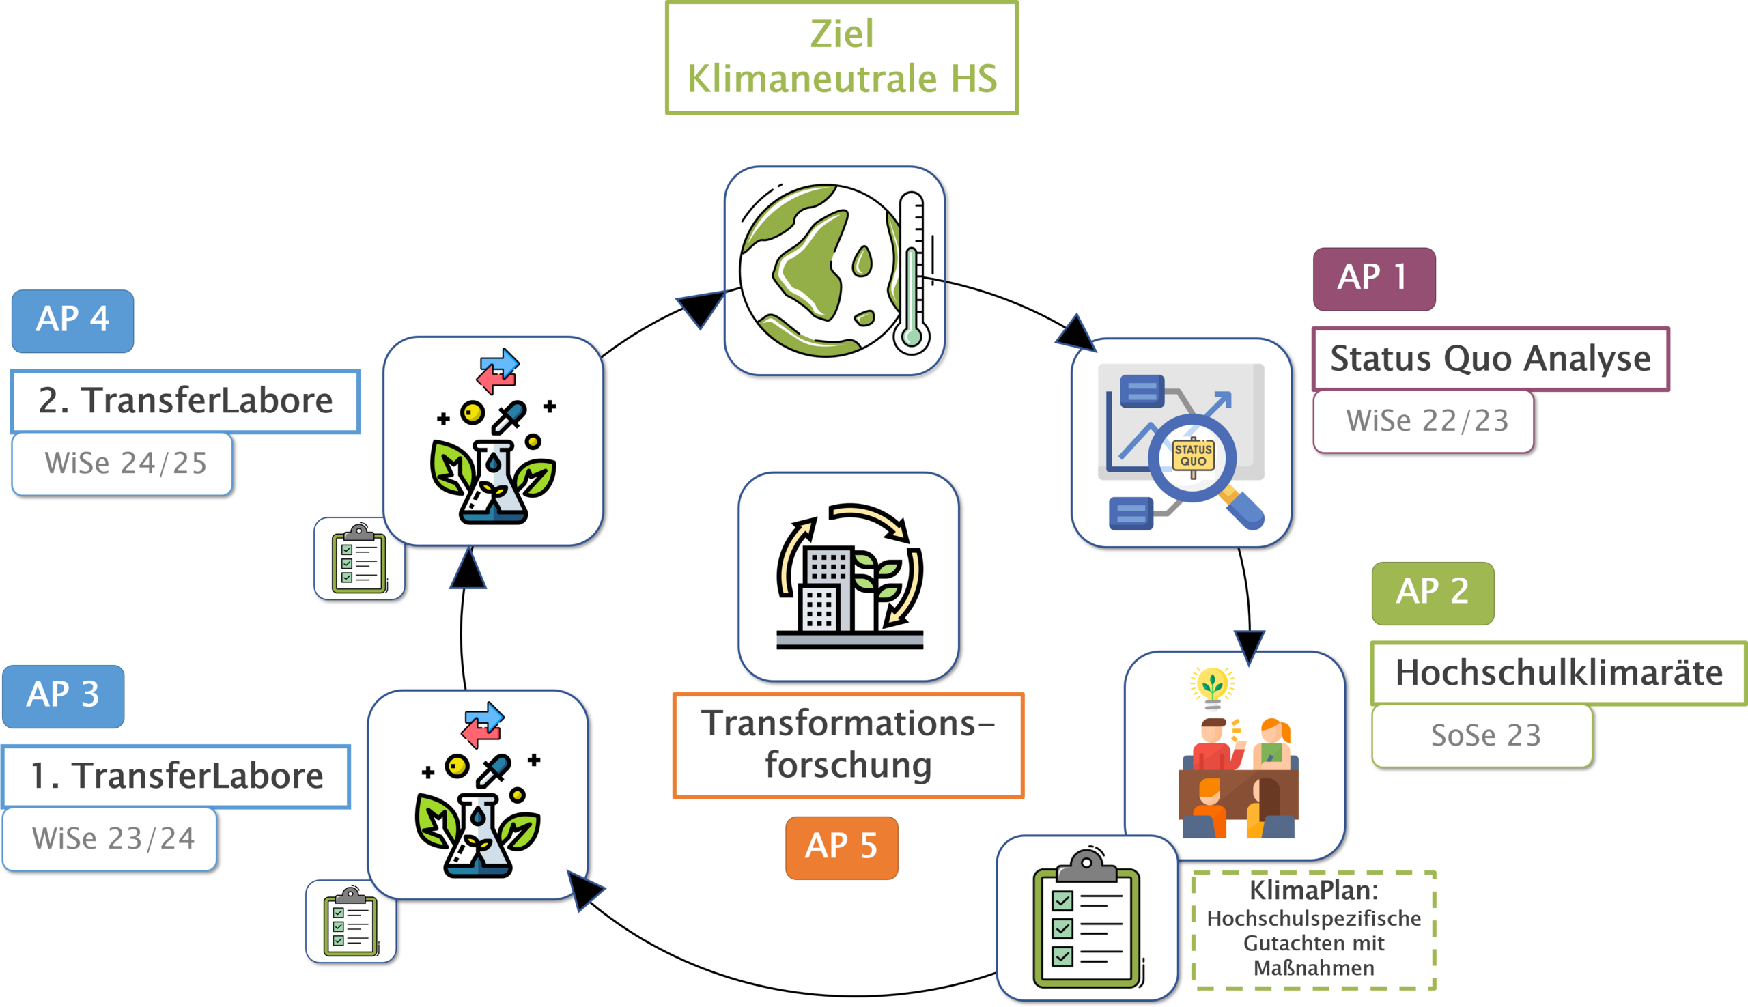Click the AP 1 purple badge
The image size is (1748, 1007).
pyautogui.click(x=1374, y=279)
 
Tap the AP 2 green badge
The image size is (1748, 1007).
pyautogui.click(x=1433, y=593)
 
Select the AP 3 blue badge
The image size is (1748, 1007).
pyautogui.click(x=63, y=696)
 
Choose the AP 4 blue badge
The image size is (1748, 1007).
pyautogui.click(x=72, y=321)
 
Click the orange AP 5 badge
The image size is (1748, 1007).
pyautogui.click(x=841, y=847)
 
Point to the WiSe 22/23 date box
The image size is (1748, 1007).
pyautogui.click(x=1423, y=421)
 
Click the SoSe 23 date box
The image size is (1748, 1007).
pyautogui.click(x=1482, y=736)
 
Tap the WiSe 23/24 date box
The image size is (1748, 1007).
pyautogui.click(x=109, y=839)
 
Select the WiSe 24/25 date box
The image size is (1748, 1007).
pyautogui.click(x=122, y=464)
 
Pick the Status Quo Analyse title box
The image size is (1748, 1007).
pyautogui.click(x=1490, y=359)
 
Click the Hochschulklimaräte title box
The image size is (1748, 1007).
pyautogui.click(x=1557, y=673)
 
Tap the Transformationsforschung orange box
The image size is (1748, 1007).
pyautogui.click(x=848, y=745)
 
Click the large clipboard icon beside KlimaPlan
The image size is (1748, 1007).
pyautogui.click(x=1086, y=918)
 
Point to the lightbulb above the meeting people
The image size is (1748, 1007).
pyautogui.click(x=1212, y=686)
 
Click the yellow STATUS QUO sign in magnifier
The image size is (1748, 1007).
pyautogui.click(x=1194, y=456)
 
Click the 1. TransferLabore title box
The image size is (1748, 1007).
pyautogui.click(x=177, y=776)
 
